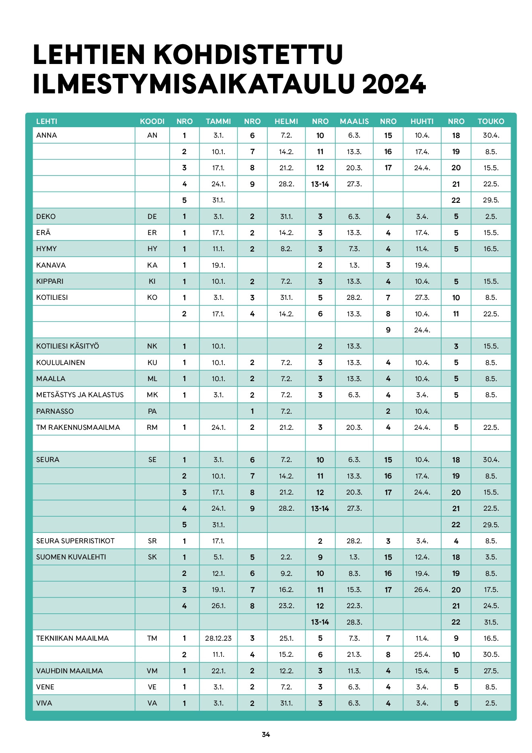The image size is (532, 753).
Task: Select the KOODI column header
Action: (152, 121)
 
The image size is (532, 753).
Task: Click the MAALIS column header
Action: (354, 121)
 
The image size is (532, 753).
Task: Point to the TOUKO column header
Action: (491, 121)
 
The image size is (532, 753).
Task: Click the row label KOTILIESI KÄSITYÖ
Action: (68, 346)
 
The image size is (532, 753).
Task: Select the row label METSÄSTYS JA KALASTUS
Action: (80, 395)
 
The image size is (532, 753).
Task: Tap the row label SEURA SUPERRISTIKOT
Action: (75, 541)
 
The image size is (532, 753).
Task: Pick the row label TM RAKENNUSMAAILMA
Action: (78, 427)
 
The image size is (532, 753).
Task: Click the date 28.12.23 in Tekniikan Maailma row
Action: (218, 638)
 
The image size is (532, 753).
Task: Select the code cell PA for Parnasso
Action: (152, 411)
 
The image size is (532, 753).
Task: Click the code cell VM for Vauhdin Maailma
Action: (152, 671)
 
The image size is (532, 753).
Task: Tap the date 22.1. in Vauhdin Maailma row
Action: (218, 671)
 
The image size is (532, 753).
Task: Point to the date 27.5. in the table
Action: (491, 671)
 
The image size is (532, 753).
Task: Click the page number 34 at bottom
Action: (266, 734)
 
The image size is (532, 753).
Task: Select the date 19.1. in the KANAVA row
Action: (218, 265)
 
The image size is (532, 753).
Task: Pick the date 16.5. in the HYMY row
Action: (491, 249)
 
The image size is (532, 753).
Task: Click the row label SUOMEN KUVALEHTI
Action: (71, 557)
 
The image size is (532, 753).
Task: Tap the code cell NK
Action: (152, 346)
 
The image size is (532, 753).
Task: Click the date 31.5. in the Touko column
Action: (491, 622)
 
